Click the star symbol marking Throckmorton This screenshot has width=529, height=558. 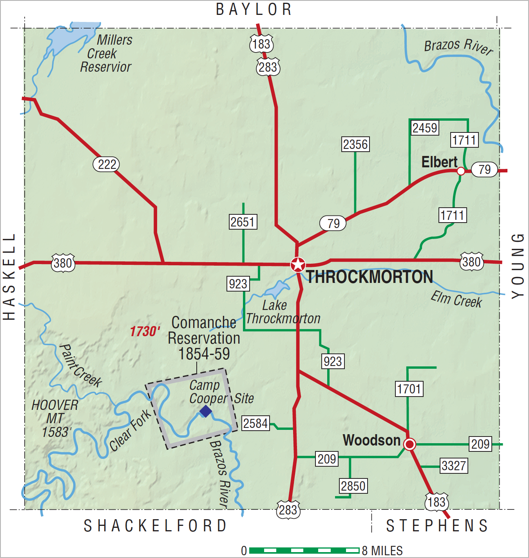coord(298,265)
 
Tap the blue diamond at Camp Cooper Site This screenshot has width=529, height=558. coord(205,411)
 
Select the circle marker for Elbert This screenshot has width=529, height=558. coord(461,171)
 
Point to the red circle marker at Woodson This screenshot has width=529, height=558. coord(409,444)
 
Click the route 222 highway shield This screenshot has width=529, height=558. coord(106,164)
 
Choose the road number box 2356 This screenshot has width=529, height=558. coord(355,144)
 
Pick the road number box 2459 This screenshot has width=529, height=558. coord(425,128)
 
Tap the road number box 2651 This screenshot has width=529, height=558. coord(243,222)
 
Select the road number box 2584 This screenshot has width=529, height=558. coord(255,423)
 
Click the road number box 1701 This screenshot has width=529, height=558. coord(409,389)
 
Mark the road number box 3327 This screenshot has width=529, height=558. coord(454,466)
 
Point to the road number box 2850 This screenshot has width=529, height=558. coord(353,486)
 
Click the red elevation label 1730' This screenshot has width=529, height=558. coord(145,332)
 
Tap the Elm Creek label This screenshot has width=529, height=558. coord(456,299)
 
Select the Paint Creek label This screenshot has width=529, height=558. coord(80,366)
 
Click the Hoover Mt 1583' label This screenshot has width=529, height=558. coord(56,418)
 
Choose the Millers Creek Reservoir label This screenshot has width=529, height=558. coord(107,53)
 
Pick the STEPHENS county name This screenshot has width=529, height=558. coord(437,525)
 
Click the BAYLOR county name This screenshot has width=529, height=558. coord(254,9)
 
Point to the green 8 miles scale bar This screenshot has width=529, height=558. coord(304,551)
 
